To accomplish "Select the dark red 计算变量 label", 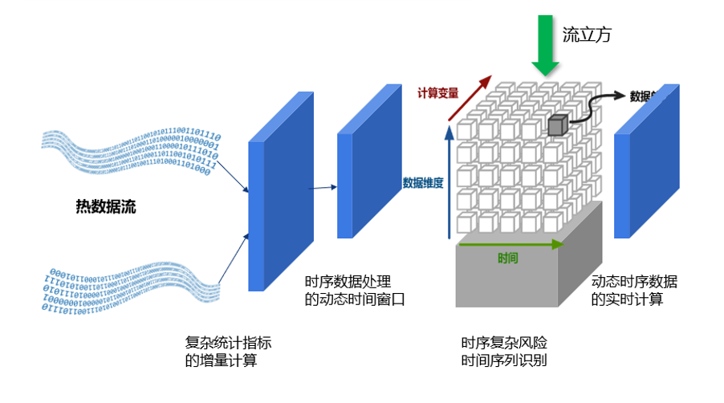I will point(437,93).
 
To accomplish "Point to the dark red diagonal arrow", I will point(469,98).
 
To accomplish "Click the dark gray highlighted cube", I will point(558,124).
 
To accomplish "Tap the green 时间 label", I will point(507,258).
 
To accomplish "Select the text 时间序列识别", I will point(504,360).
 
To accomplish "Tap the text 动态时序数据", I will point(634,282).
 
